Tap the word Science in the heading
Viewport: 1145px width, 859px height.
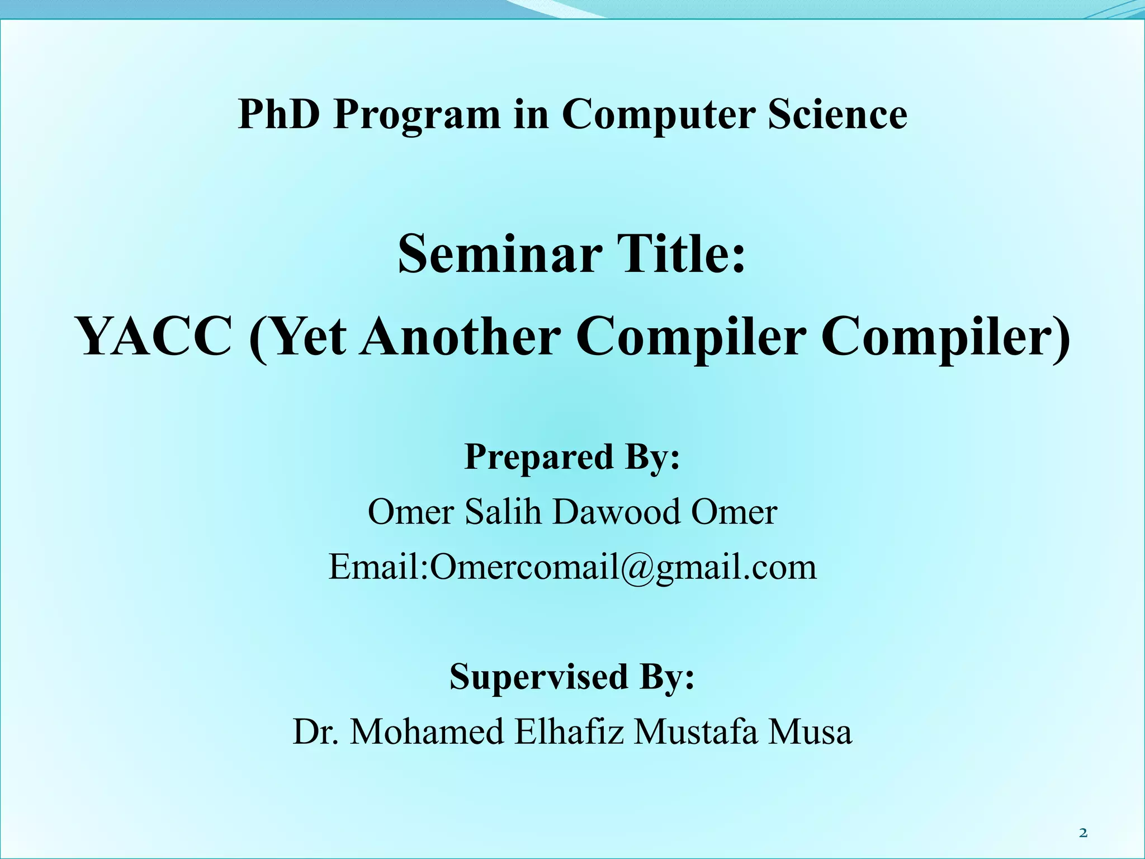coord(838,114)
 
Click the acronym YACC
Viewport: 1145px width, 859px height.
coord(155,337)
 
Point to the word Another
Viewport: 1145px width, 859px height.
coord(460,337)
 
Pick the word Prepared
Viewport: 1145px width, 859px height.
coord(539,456)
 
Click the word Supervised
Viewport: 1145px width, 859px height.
coord(539,676)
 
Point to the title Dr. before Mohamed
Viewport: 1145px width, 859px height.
coord(316,731)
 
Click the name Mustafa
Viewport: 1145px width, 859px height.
coord(696,731)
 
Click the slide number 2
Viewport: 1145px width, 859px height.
coord(1083,833)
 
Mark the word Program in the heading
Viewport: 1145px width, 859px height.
coord(417,114)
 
